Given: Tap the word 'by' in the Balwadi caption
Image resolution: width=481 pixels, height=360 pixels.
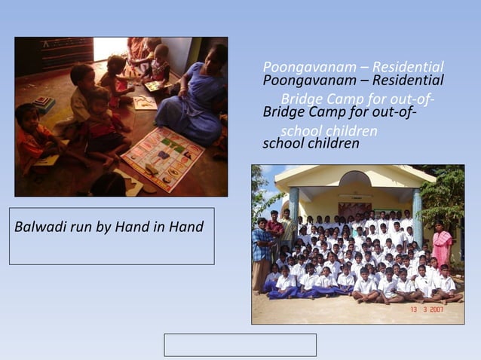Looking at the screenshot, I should click(x=105, y=226).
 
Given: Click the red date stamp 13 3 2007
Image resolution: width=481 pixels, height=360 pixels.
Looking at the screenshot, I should click(x=432, y=310).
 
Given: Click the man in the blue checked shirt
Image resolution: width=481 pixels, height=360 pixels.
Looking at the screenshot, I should click(x=262, y=252).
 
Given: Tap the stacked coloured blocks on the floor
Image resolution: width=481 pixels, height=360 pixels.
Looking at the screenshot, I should click(x=42, y=104).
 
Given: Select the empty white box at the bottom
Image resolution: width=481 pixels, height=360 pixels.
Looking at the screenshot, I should click(x=240, y=344).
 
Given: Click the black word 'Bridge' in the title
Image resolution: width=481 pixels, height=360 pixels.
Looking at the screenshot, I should click(x=284, y=111).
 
